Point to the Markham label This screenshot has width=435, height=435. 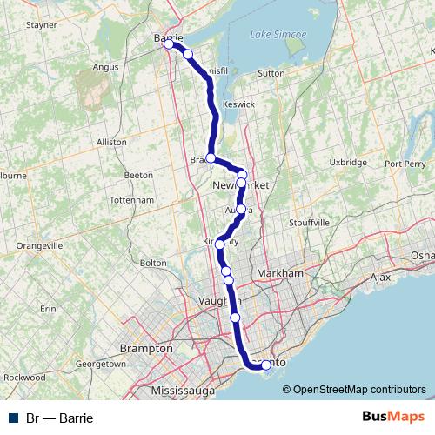click(279, 273)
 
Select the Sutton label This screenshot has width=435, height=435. click(271, 74)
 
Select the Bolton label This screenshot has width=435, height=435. click(152, 262)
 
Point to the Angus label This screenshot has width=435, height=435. click(104, 65)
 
